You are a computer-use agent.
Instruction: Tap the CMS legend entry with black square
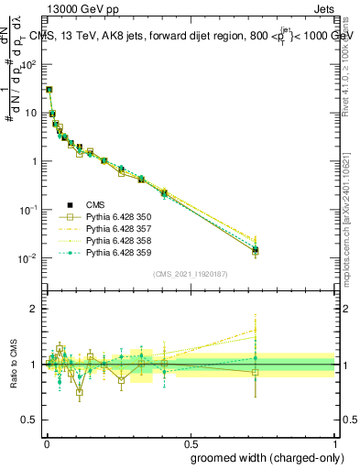pos(88,205)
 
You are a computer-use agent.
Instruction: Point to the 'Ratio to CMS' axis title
pos(13,365)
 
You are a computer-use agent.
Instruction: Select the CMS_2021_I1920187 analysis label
pos(190,274)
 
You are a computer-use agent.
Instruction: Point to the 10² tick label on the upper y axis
pos(29,65)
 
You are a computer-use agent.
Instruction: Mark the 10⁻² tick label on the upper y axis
pos(29,258)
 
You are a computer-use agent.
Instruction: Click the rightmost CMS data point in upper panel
pos(256,249)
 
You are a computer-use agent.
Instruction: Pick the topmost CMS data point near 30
pos(49,90)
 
